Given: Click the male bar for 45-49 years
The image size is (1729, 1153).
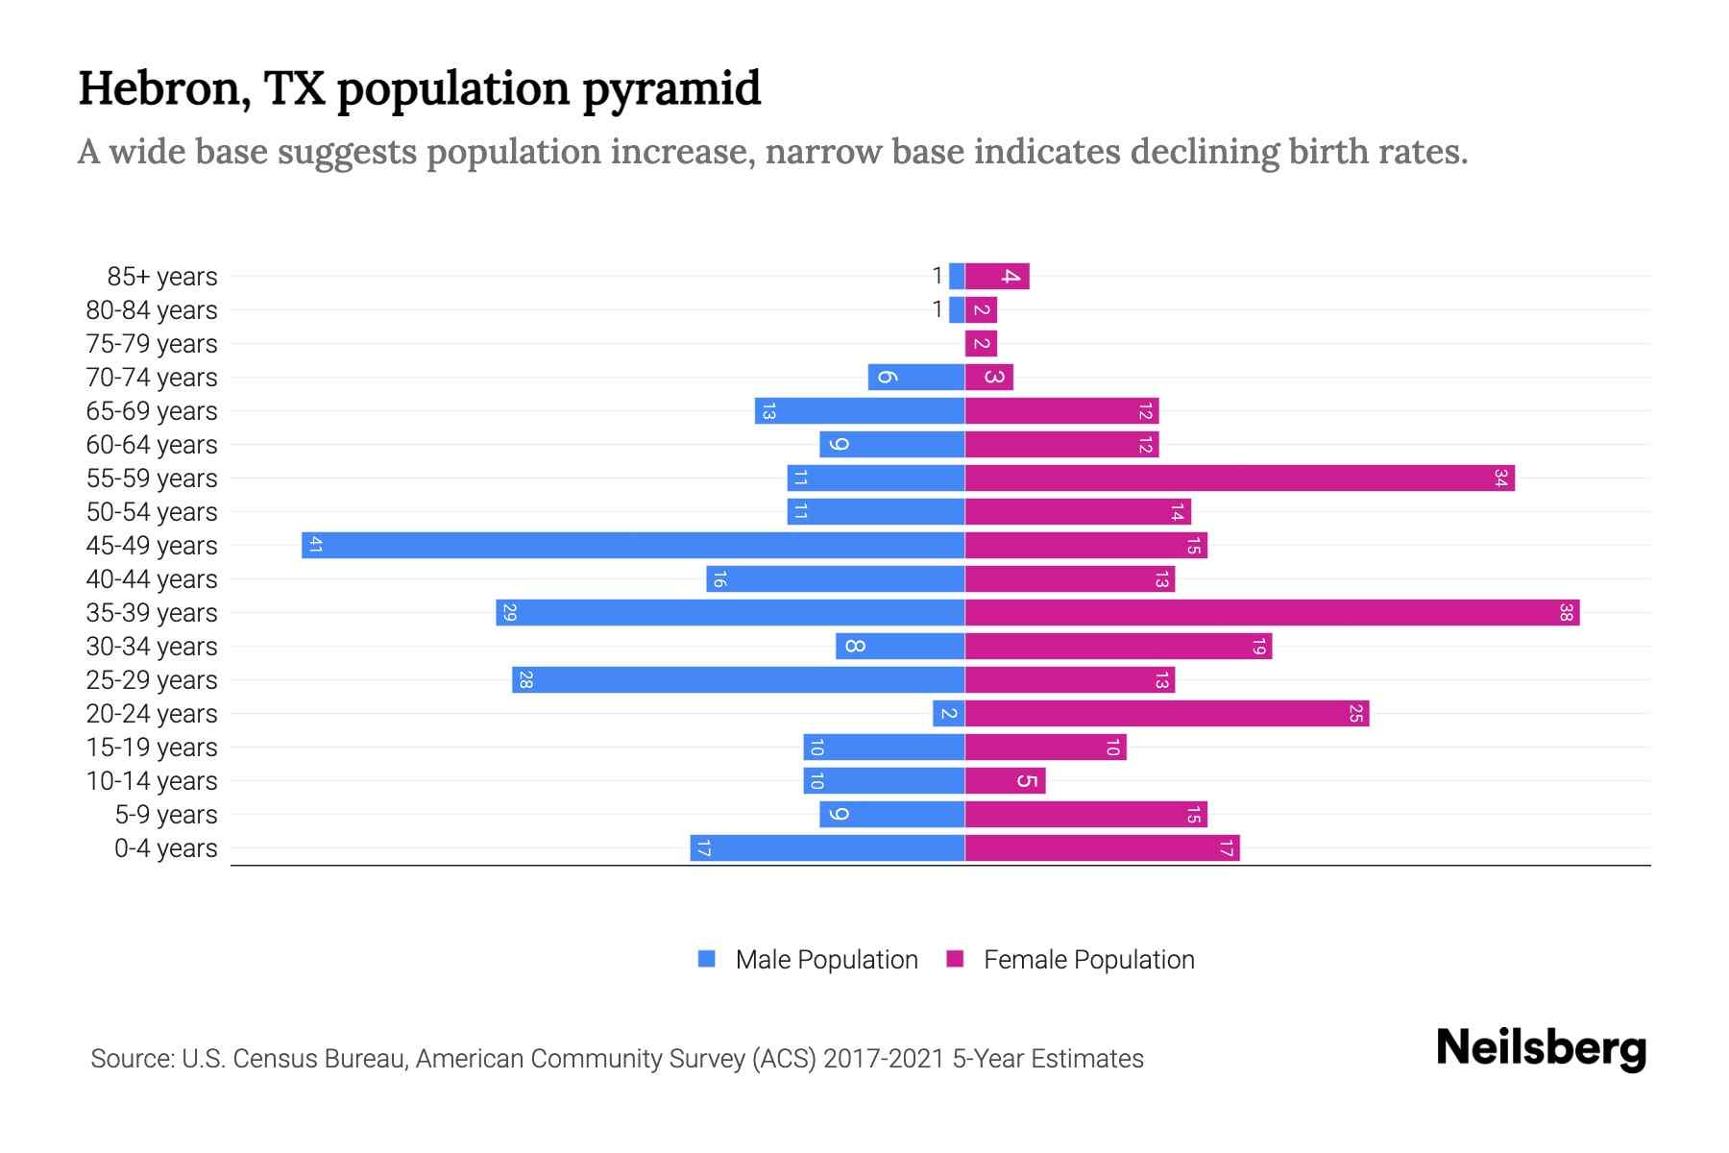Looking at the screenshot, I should coord(634,546).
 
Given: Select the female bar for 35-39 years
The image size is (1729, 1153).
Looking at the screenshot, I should coord(1272,613).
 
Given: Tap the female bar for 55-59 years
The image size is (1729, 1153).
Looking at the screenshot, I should coord(1239,478).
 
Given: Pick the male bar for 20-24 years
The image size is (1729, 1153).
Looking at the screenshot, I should coord(949,714).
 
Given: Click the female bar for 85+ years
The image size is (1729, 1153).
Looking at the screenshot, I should coord(997,277).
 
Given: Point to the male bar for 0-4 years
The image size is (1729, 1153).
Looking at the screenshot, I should coord(827,848).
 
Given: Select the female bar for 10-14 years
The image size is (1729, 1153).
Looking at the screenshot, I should coord(1005,781).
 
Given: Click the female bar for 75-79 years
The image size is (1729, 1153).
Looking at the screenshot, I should coord(981,344).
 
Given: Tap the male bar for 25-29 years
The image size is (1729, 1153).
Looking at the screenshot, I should coord(738,680).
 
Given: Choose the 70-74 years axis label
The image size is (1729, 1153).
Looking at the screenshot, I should coord(152,378).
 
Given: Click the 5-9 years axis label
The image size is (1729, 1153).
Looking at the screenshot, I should coord(165,815).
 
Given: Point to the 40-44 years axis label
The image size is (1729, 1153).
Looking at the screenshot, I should coord(152,579).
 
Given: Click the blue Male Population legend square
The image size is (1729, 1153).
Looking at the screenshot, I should coord(707,959).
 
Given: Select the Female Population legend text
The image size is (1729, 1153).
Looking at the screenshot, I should coord(1088,960).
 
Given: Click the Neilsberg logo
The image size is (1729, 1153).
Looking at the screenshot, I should coord(1541,1048).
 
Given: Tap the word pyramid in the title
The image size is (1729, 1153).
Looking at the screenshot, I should coord(671,90).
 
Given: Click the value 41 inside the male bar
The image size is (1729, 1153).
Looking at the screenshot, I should coord(315,546).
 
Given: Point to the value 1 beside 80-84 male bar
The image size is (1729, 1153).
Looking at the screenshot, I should coord(938,310).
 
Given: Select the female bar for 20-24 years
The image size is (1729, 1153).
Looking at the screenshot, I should coord(1166,714).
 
